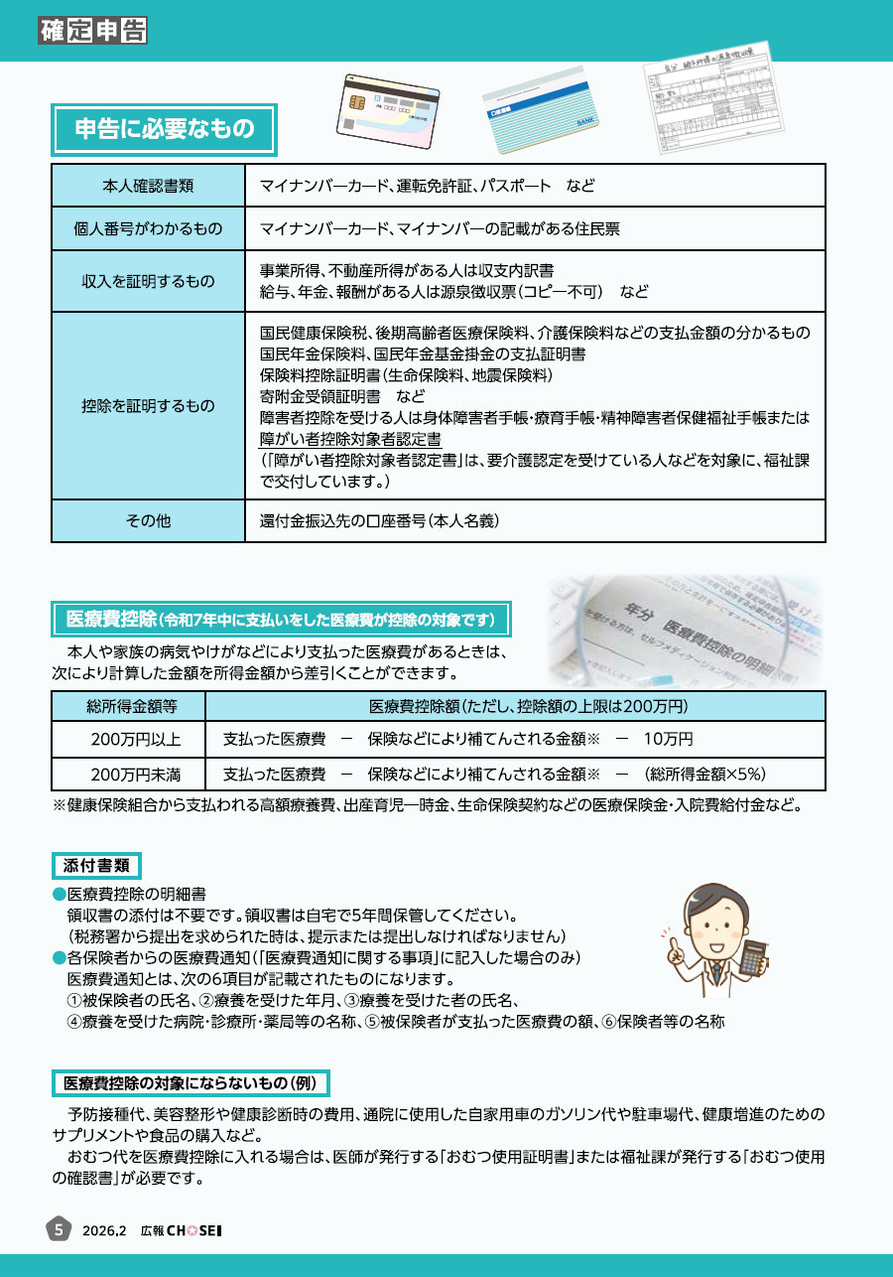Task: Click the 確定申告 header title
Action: (x=93, y=31)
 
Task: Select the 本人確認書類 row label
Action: (x=148, y=186)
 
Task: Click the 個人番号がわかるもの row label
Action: (x=148, y=228)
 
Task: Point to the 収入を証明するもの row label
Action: (x=148, y=281)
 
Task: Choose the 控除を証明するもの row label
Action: (x=148, y=405)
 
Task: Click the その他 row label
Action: (x=148, y=520)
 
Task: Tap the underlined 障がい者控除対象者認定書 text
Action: (x=350, y=438)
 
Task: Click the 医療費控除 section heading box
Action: (x=281, y=620)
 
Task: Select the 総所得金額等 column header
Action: (x=129, y=706)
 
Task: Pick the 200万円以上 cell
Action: (x=129, y=740)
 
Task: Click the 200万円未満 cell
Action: (x=129, y=774)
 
